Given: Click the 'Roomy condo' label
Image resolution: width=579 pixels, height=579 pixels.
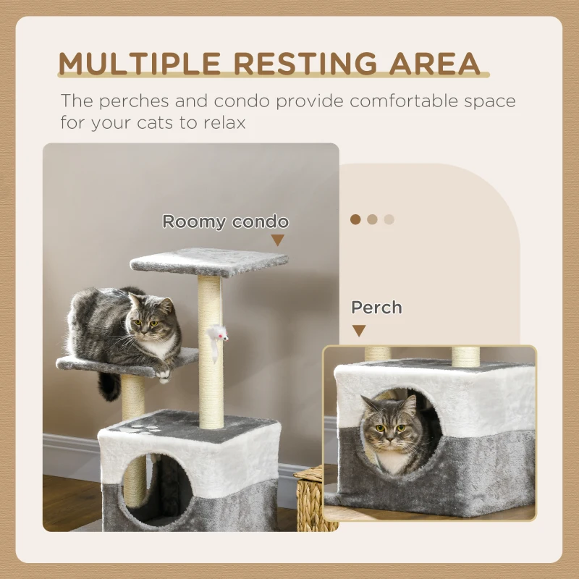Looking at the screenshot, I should coord(225,221).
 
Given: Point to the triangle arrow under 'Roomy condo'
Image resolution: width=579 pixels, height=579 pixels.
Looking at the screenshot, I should coord(278,240).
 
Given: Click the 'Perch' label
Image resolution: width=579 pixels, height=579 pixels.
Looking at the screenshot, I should coord(376,308).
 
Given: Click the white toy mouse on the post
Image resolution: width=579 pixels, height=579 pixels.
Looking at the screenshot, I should coord(217,334).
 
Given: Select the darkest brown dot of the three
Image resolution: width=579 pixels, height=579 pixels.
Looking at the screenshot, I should coord(355,219).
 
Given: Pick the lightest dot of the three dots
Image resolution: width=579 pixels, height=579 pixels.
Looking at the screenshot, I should coord(389,219).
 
